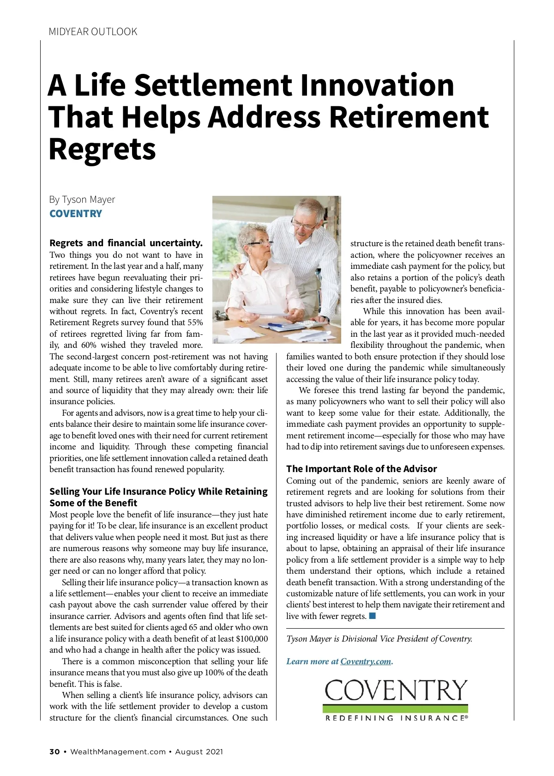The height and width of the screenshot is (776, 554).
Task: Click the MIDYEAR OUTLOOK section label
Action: [x=93, y=32]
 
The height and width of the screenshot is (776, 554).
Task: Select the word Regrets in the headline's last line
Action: [x=102, y=149]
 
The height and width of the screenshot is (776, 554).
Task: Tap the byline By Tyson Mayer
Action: [x=82, y=200]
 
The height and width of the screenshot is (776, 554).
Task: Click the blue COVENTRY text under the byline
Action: [x=76, y=214]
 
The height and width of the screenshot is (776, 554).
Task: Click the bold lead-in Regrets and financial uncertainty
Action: [x=126, y=243]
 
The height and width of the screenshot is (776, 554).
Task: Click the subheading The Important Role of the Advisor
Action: [x=361, y=469]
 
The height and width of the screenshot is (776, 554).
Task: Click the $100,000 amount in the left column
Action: [x=252, y=639]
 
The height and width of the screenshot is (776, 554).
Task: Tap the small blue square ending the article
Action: [x=373, y=616]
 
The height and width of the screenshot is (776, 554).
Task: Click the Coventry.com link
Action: [x=366, y=661]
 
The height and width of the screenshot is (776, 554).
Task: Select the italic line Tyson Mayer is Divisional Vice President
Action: [x=379, y=639]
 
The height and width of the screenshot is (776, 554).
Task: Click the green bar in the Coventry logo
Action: [x=395, y=709]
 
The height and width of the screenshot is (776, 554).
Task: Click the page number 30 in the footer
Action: [x=54, y=752]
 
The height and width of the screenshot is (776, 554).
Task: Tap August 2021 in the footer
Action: [x=199, y=752]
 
